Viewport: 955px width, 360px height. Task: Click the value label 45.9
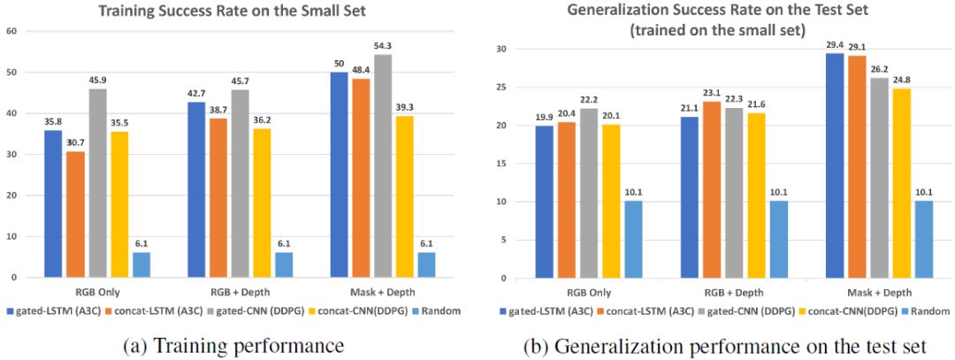(x=98, y=80)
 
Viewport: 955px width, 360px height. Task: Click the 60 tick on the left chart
(x=13, y=31)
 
